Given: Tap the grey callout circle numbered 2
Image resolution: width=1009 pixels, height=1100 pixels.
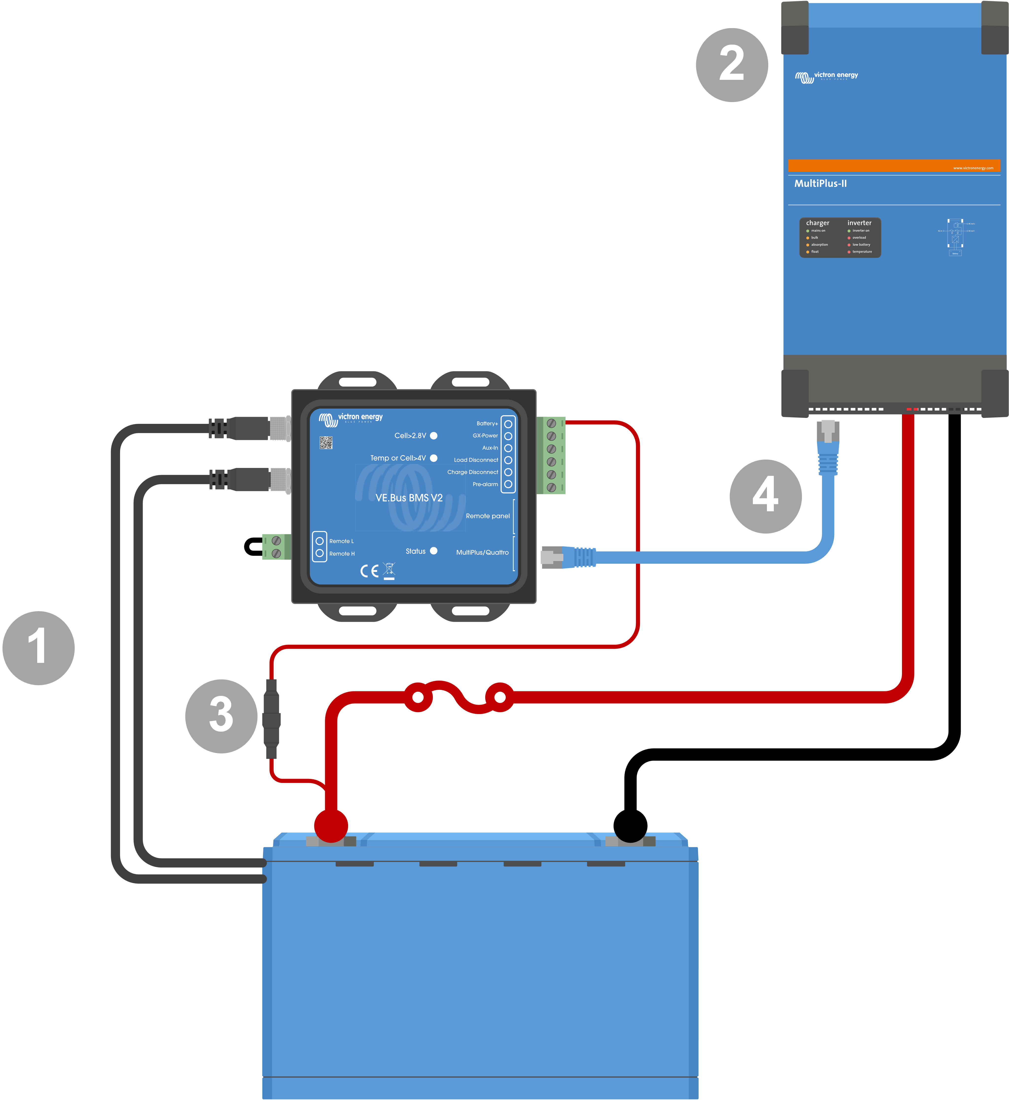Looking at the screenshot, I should [x=732, y=65].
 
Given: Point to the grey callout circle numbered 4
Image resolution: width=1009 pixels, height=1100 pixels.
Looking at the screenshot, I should [x=765, y=496].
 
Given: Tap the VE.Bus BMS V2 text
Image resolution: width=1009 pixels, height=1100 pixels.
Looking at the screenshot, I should [x=409, y=498].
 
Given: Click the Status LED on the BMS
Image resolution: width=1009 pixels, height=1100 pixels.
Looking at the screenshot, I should [x=434, y=550].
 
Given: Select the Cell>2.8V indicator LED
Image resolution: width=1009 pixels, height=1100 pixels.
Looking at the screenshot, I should [x=434, y=435].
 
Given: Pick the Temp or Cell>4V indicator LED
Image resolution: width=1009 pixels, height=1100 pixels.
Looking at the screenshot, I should [x=434, y=458].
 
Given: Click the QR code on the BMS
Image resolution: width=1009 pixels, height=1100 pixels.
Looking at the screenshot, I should [x=326, y=443].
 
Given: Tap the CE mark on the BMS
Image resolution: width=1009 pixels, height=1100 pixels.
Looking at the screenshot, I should [x=369, y=571].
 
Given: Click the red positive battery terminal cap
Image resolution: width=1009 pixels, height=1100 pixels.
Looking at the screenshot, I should [x=331, y=825].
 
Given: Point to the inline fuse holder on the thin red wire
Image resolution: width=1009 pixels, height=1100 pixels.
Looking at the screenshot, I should [x=271, y=719].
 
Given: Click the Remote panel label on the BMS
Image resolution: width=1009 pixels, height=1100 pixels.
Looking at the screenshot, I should [x=488, y=516].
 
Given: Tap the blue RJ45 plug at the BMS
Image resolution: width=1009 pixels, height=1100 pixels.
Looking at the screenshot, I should [x=578, y=557].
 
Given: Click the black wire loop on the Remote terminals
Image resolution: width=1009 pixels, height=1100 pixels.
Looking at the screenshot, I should [x=252, y=546].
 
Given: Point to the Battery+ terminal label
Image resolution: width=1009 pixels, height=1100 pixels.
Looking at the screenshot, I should [x=487, y=423].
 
